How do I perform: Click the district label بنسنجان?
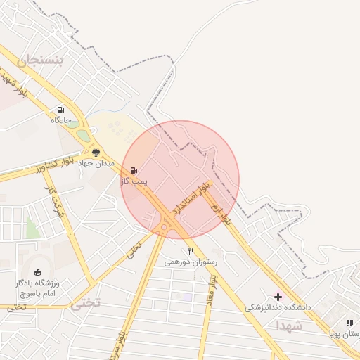(40, 62)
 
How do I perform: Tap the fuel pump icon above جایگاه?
(60, 110)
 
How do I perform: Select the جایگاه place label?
(60, 120)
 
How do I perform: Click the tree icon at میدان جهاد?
(96, 152)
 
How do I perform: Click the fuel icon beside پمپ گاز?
(134, 170)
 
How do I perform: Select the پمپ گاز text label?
(133, 181)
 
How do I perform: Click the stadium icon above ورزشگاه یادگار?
(37, 272)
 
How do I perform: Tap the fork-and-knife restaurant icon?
(191, 251)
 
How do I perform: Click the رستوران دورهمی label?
(191, 262)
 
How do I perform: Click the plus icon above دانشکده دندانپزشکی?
(278, 297)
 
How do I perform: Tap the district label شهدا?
(288, 326)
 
